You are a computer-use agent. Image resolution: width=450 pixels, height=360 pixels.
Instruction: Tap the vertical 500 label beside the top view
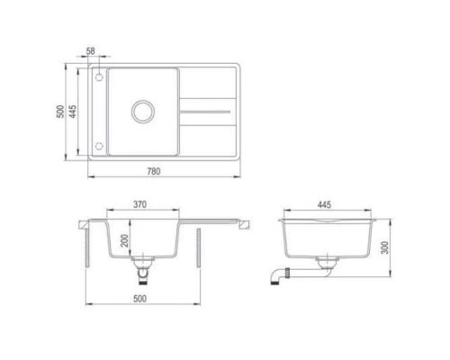(x=60, y=112)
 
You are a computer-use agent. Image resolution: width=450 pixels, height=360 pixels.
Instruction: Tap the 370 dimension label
(x=139, y=205)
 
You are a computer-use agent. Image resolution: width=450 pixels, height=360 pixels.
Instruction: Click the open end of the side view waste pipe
(x=277, y=282)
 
